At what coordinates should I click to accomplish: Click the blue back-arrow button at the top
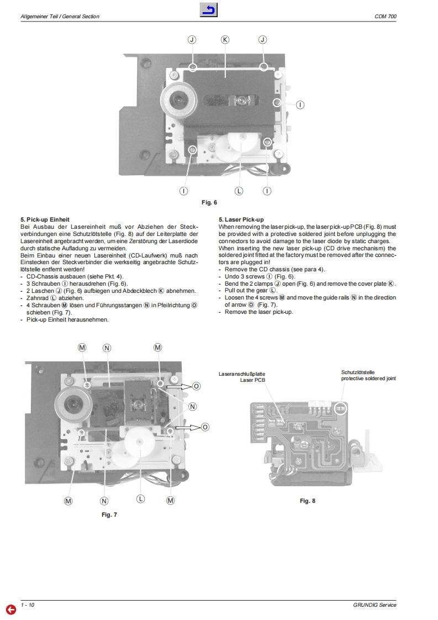click(x=209, y=10)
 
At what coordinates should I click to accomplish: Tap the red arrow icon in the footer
click(x=10, y=610)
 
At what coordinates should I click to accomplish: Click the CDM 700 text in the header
click(x=385, y=17)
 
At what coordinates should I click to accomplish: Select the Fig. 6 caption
click(x=209, y=203)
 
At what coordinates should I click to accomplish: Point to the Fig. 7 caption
click(x=109, y=514)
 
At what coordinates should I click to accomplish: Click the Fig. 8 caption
click(x=308, y=501)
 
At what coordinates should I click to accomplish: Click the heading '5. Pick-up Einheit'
click(x=45, y=219)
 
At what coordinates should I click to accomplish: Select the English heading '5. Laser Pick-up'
click(x=241, y=219)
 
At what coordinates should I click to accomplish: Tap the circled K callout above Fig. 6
click(x=225, y=39)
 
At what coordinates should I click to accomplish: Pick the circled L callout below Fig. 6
click(x=239, y=191)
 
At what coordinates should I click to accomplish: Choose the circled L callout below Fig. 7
click(x=140, y=499)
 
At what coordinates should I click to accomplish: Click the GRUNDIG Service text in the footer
click(x=374, y=605)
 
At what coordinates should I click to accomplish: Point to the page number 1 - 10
click(x=28, y=605)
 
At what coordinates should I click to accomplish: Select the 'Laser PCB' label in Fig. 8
click(x=252, y=380)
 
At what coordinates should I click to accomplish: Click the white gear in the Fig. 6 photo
click(x=233, y=147)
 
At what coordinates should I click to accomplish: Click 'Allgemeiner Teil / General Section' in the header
click(x=60, y=17)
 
